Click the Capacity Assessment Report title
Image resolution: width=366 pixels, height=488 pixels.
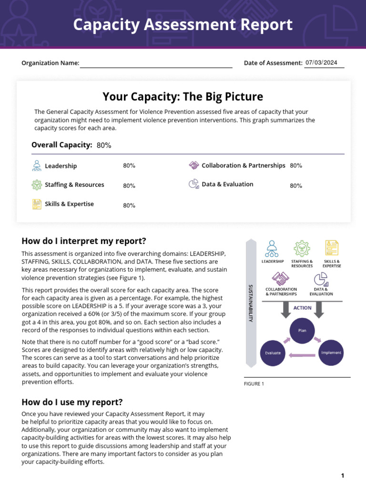[183, 25]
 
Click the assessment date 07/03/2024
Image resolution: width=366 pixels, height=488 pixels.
[321, 62]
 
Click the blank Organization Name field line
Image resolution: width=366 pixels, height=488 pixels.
[156, 64]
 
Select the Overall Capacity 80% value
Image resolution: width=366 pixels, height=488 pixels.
[104, 145]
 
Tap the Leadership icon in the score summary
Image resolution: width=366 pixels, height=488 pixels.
[36, 166]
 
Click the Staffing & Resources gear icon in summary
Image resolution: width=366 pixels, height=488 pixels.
[36, 185]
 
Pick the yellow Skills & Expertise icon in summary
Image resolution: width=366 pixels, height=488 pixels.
[36, 204]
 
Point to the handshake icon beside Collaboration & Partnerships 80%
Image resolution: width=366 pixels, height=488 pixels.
[194, 165]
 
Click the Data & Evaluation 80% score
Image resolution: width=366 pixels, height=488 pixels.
[296, 186]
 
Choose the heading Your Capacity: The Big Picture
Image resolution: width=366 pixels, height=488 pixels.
[183, 97]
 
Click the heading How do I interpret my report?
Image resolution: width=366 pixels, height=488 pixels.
[84, 241]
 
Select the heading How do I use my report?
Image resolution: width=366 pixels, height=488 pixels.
[72, 402]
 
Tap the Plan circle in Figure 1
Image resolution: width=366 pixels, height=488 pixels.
[303, 330]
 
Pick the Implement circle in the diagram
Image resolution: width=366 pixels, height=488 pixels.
[331, 353]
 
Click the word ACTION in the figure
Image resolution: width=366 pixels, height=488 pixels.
[302, 308]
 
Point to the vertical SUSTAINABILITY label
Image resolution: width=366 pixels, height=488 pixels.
[251, 303]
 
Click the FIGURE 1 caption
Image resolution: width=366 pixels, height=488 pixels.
[254, 384]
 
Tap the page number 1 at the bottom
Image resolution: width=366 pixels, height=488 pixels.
[342, 476]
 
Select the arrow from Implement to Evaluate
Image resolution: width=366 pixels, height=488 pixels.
[302, 355]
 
